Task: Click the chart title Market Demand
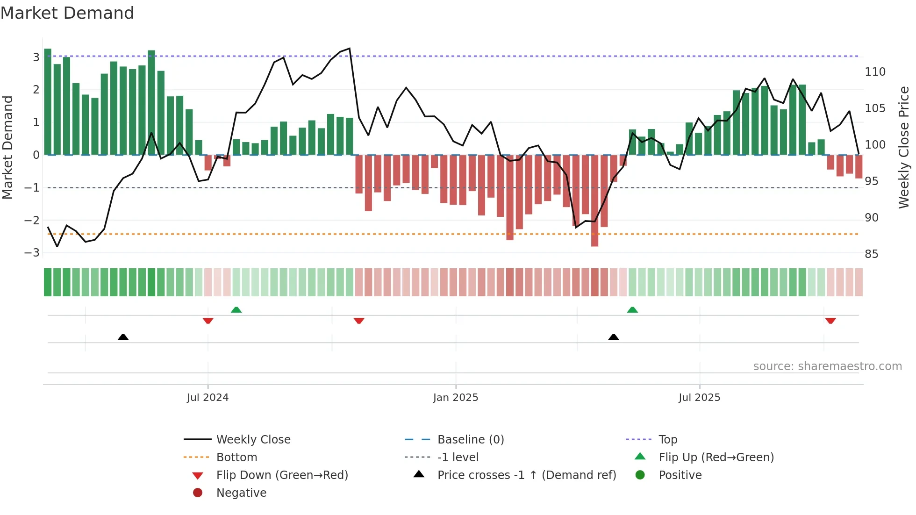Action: (67, 13)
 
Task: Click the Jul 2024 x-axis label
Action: (208, 398)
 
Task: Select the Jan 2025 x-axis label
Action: (456, 398)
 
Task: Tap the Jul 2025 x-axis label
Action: (699, 398)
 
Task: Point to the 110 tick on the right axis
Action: (875, 72)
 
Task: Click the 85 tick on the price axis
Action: (871, 254)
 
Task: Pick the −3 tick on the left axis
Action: (32, 253)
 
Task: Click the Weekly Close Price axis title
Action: (904, 147)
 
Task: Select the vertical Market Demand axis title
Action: (8, 147)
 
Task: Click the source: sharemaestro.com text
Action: (827, 366)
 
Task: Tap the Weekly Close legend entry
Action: (253, 440)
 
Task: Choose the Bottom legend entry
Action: (236, 458)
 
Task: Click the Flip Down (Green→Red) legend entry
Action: (282, 475)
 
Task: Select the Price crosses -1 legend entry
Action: (526, 475)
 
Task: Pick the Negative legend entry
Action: (241, 493)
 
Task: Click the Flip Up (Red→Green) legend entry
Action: (716, 458)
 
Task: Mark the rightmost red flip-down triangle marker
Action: (830, 321)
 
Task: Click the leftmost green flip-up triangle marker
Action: (236, 310)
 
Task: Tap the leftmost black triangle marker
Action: (123, 337)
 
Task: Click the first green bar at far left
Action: (48, 103)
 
